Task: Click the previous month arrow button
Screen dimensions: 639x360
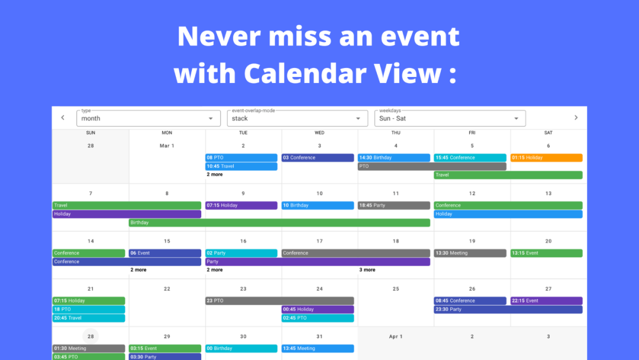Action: tap(63, 118)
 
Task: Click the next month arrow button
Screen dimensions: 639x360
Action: tap(576, 118)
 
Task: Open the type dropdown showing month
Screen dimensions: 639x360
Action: tap(149, 118)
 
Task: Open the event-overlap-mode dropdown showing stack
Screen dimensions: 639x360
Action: tap(298, 118)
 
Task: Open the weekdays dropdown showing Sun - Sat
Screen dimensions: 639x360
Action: tap(450, 118)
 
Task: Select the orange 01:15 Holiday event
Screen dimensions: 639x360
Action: tap(547, 157)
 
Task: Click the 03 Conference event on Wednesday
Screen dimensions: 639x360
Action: tap(318, 157)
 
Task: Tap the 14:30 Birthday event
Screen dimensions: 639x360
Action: tap(393, 157)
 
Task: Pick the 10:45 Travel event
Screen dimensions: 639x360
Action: tap(241, 166)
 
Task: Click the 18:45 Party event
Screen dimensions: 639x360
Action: tap(393, 205)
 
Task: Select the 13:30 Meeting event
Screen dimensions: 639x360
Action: tap(470, 253)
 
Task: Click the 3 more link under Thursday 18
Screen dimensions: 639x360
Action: tap(367, 270)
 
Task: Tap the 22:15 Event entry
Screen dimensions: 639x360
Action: tap(547, 301)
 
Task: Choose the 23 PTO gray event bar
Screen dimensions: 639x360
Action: tap(279, 301)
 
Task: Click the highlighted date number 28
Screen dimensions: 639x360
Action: tap(91, 336)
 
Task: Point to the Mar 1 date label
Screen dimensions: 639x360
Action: tap(167, 146)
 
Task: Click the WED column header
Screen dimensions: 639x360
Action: tap(319, 133)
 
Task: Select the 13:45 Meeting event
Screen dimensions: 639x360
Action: tap(318, 349)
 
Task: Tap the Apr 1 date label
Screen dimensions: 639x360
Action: tap(396, 337)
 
